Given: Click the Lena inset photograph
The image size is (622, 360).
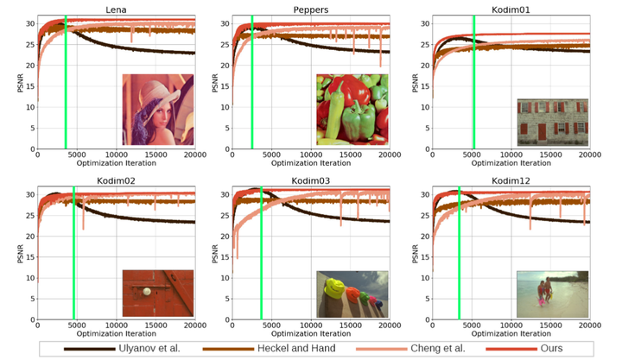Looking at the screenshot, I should click(157, 109).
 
